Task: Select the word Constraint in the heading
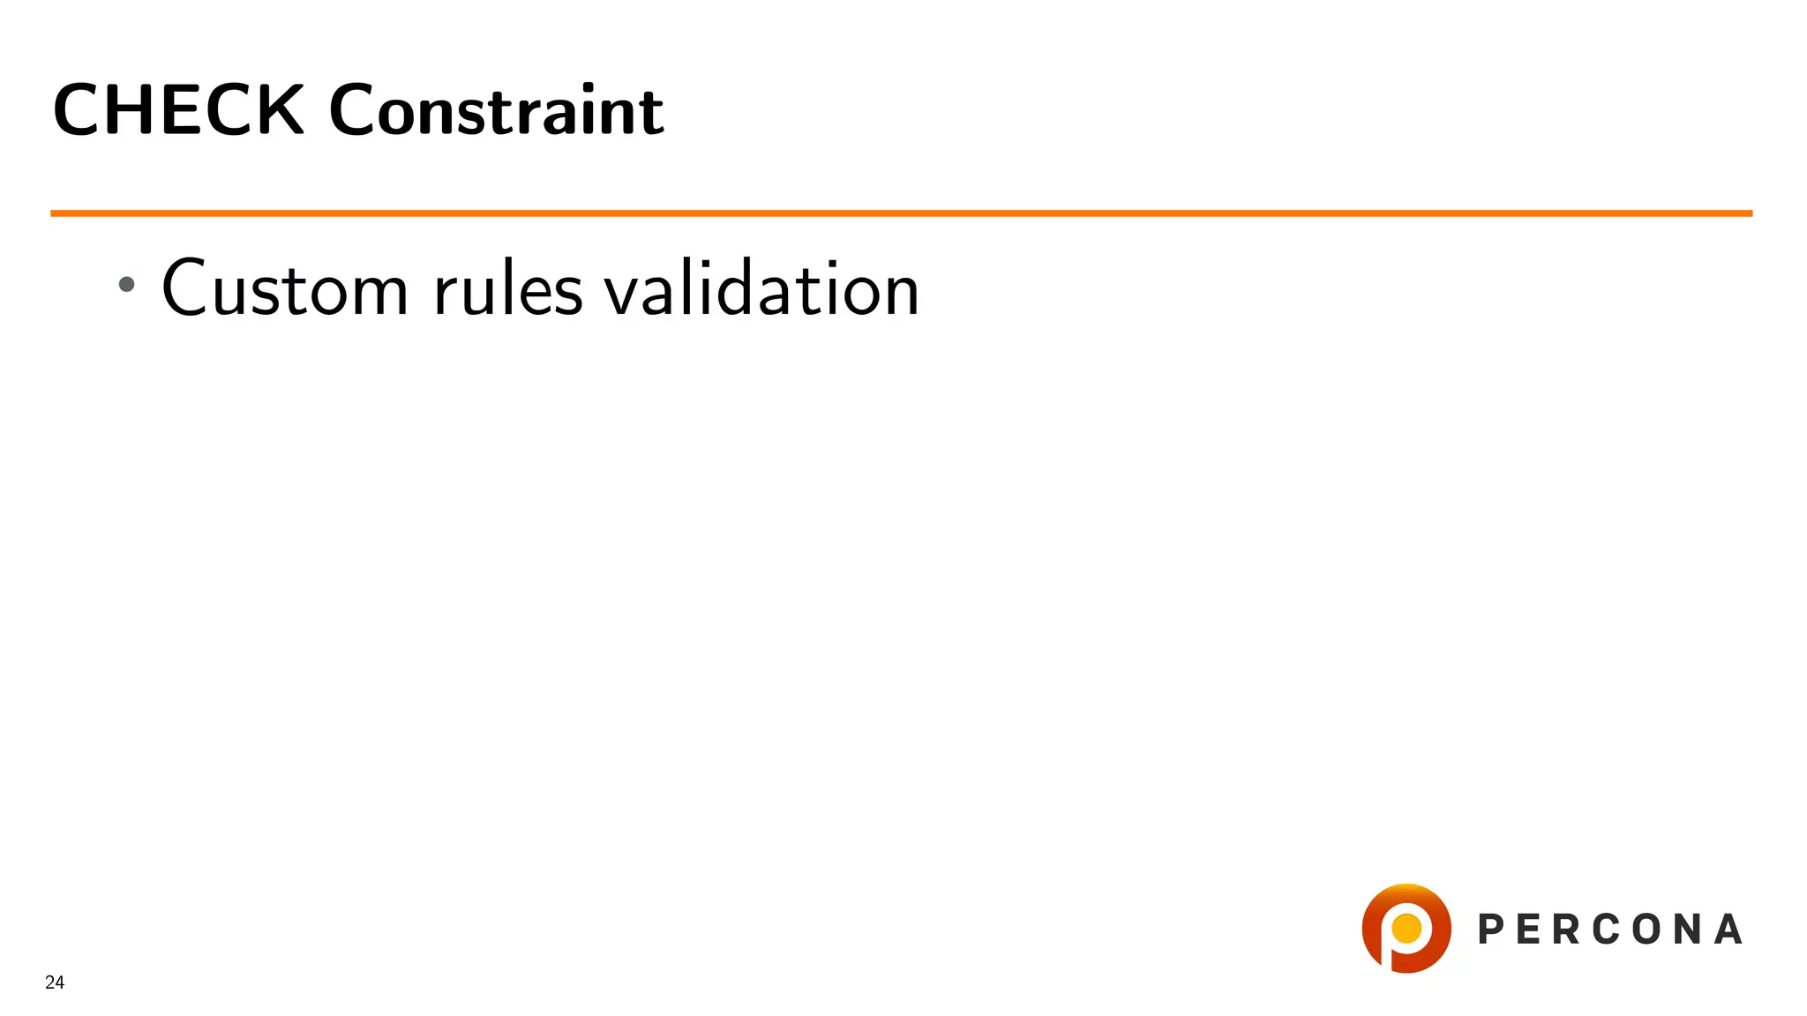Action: [496, 111]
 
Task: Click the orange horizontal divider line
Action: [900, 213]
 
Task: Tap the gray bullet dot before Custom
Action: [127, 284]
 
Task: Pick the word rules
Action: [508, 289]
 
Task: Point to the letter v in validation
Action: [621, 295]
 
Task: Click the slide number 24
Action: [55, 982]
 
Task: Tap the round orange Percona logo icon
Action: [1406, 928]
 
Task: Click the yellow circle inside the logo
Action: [1406, 928]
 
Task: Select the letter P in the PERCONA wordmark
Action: [1490, 930]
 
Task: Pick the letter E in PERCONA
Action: [1529, 930]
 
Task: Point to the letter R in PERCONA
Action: [1568, 930]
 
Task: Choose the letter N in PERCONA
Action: [1687, 930]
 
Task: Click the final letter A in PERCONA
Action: [1728, 930]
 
